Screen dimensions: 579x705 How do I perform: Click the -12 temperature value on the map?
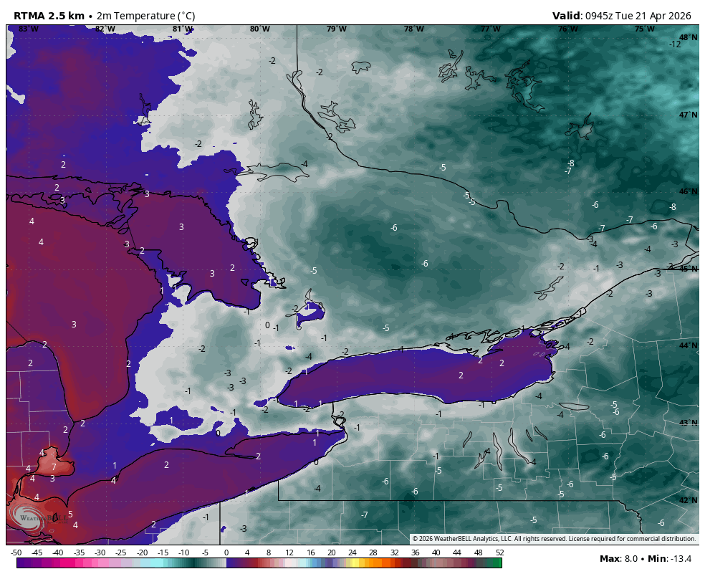[x=675, y=44]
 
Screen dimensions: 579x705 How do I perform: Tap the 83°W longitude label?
[x=29, y=29]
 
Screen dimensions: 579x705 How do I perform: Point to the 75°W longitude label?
[x=644, y=29]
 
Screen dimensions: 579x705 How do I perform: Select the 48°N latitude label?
[x=688, y=37]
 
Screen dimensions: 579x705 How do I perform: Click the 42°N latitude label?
[x=688, y=500]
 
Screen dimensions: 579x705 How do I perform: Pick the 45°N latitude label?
[x=688, y=269]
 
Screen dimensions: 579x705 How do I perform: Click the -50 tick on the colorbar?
[x=16, y=552]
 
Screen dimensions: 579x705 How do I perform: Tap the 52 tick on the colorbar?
[x=499, y=552]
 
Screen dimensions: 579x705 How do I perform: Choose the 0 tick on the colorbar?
[x=226, y=552]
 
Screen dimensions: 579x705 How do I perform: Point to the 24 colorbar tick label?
[x=352, y=552]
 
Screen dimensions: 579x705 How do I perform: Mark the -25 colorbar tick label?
[x=121, y=552]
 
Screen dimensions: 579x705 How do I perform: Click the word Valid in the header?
[x=567, y=16]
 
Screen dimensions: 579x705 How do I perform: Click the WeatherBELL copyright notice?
[x=554, y=539]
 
